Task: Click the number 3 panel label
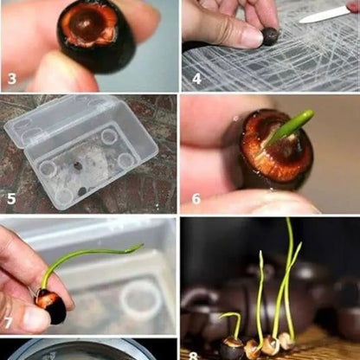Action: coord(11,79)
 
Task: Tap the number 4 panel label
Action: coord(196,79)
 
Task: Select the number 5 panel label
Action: coord(11,199)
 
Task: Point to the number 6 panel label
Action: coord(196,199)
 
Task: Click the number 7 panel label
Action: coord(8,323)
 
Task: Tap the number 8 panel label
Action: coord(193,356)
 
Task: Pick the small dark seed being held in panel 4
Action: coord(270,36)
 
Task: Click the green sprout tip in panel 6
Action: coord(309,113)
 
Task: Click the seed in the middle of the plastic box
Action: coord(77,165)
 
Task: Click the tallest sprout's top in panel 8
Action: coord(287,220)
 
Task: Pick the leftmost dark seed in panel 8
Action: coord(232,349)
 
